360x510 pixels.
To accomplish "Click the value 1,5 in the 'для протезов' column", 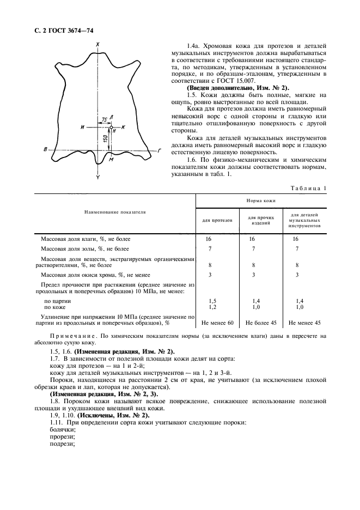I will (x=213, y=301).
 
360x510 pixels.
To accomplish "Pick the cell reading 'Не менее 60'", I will (x=217, y=323).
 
